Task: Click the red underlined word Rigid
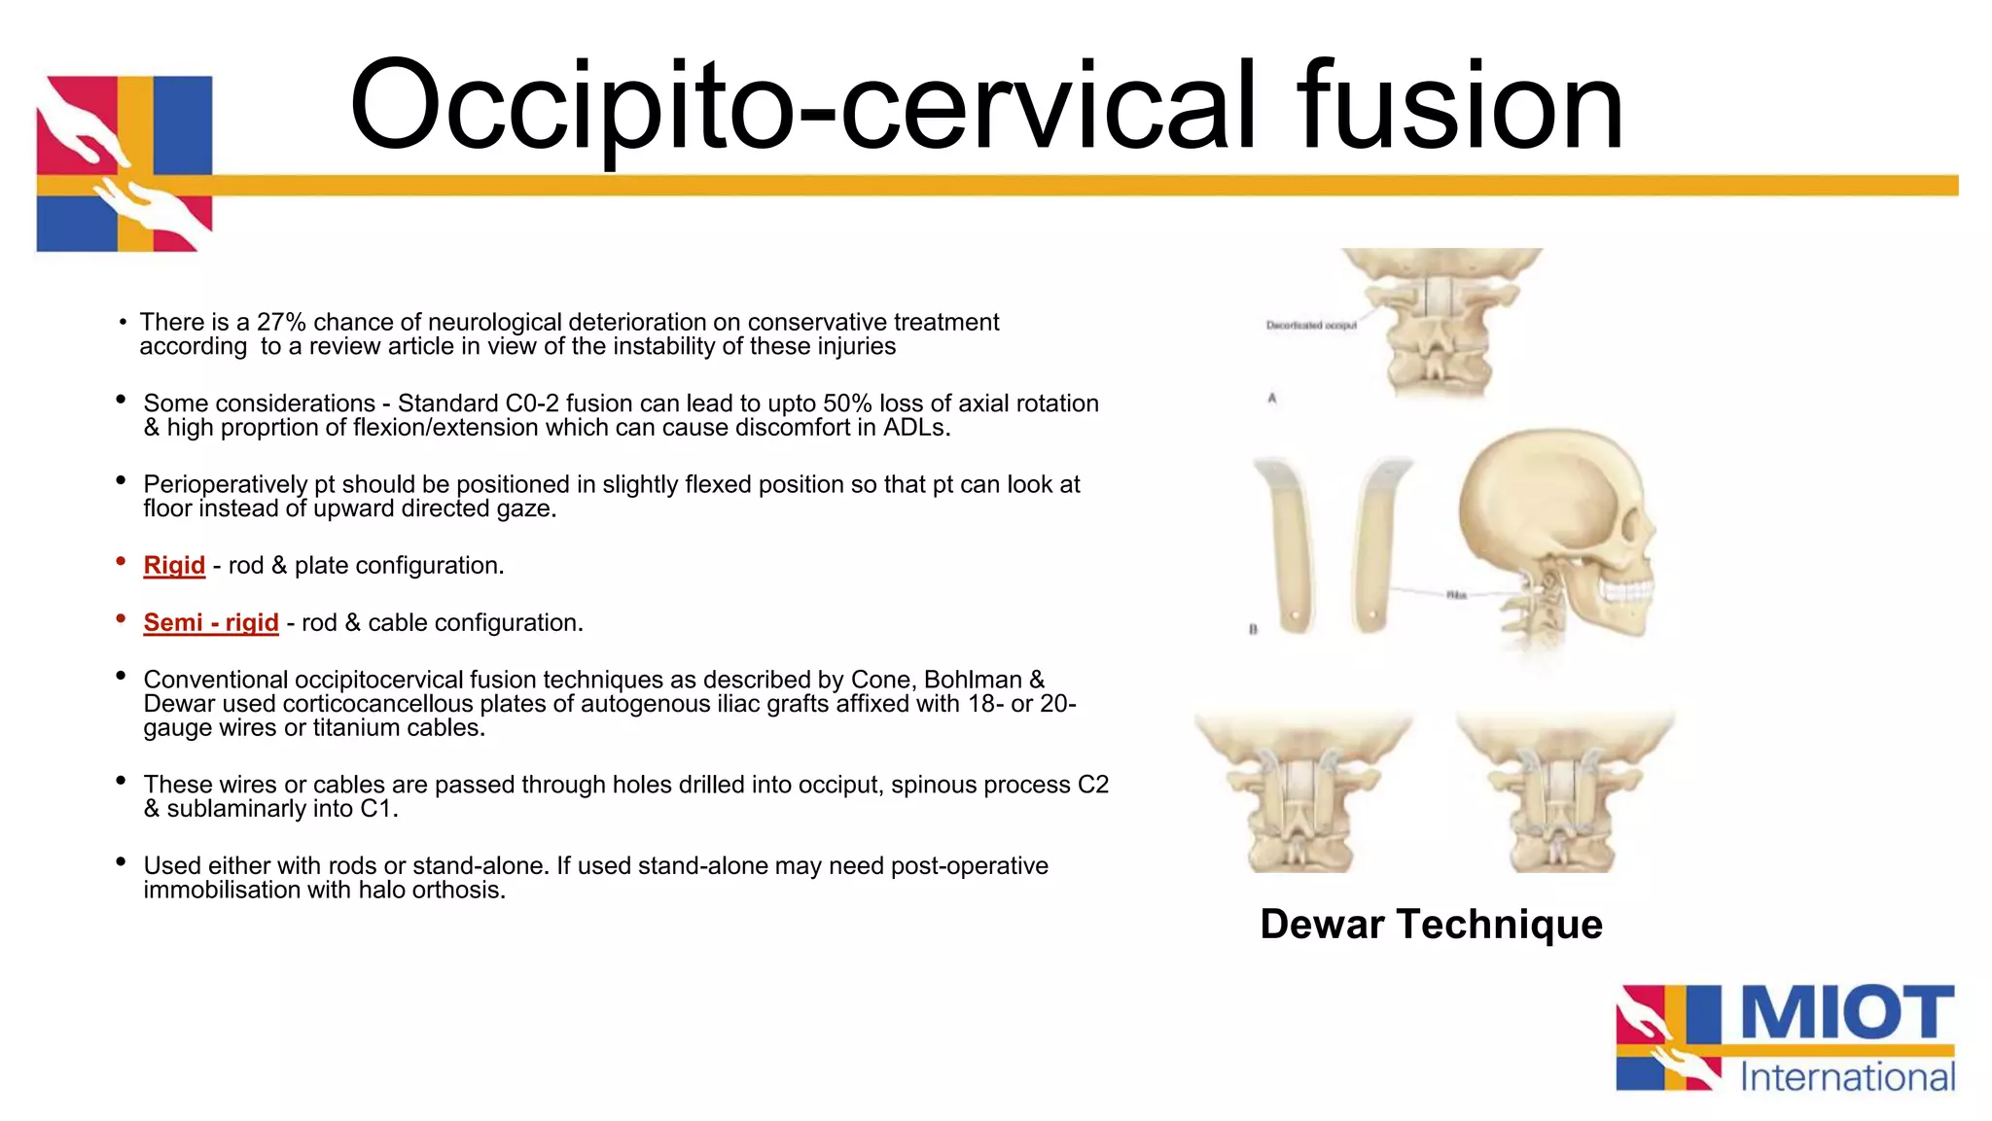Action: pyautogui.click(x=174, y=566)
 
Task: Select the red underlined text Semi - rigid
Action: pyautogui.click(x=211, y=623)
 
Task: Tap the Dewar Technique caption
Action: pyautogui.click(x=1431, y=924)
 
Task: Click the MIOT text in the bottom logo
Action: pyautogui.click(x=1846, y=1014)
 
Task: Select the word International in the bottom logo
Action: pyautogui.click(x=1847, y=1077)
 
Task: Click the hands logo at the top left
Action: pyautogui.click(x=124, y=163)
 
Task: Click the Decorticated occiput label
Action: pyautogui.click(x=1310, y=326)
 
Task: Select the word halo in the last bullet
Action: pyautogui.click(x=381, y=891)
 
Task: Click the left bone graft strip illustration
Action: pyautogui.click(x=1290, y=544)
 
